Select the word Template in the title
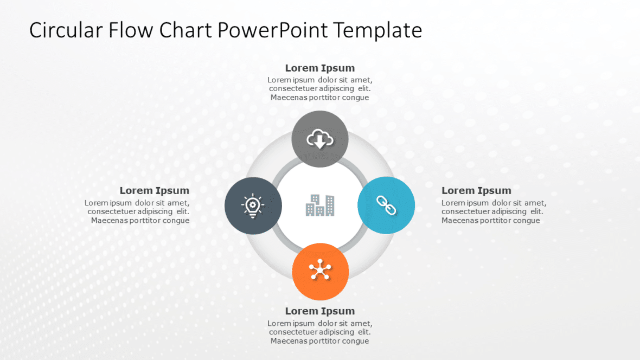(x=377, y=30)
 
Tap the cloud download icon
(x=320, y=140)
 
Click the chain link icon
(x=386, y=205)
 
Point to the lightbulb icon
(x=253, y=206)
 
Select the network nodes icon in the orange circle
(x=320, y=271)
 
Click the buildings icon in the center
(x=320, y=205)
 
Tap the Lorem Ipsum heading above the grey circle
(x=320, y=68)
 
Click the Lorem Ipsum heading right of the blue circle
(x=476, y=190)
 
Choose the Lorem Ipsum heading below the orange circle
(x=320, y=311)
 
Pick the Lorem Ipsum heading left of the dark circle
(x=155, y=190)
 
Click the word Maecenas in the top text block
(x=289, y=98)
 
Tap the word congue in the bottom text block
(x=356, y=341)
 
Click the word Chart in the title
(x=185, y=30)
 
